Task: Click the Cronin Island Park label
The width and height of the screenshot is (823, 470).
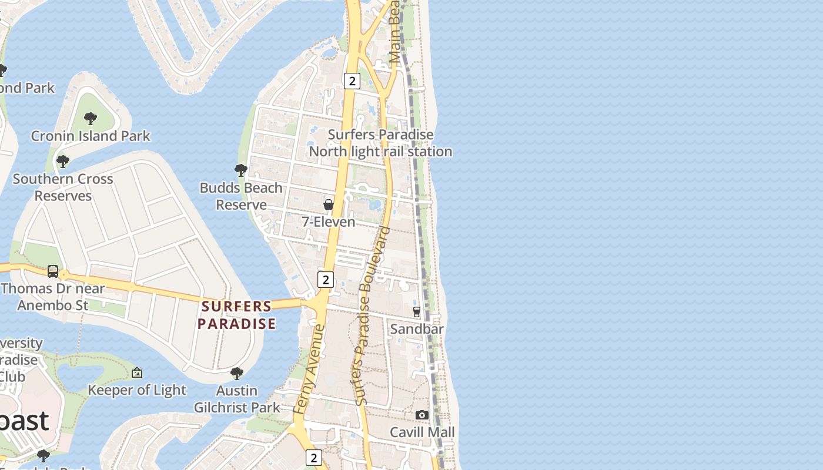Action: pos(91,136)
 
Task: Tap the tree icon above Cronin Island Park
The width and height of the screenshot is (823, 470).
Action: pos(91,119)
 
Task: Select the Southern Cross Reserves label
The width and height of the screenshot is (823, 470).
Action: pos(63,187)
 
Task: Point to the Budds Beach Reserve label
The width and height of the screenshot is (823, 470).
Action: pos(241,196)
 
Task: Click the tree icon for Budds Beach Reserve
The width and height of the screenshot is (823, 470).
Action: pos(240,170)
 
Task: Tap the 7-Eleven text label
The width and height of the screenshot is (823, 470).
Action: pos(329,222)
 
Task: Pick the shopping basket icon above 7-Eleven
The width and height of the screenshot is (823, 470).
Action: pos(329,204)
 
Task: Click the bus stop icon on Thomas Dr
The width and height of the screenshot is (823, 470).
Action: pos(53,271)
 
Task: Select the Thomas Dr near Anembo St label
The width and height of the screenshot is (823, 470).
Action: pos(53,297)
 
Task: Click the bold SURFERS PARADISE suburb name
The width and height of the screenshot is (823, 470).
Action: pos(236,315)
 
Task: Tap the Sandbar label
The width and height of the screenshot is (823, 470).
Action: pos(417,329)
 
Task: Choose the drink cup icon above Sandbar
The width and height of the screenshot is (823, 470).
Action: pos(417,311)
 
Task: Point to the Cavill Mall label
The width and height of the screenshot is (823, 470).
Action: pos(422,432)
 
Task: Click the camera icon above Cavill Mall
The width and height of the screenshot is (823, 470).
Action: pos(422,415)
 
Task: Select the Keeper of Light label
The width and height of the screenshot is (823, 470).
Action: pos(137,390)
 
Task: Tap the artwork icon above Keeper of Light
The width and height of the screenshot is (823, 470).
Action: pos(137,372)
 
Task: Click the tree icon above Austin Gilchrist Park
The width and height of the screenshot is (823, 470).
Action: pos(237,373)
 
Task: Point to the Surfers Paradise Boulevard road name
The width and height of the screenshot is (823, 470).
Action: pos(373,316)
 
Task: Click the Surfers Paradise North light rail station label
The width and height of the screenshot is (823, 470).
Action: pos(380,143)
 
